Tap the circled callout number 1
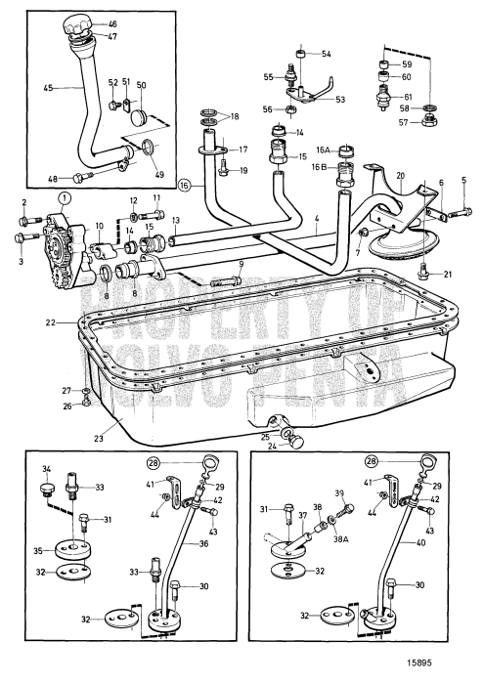[65, 199]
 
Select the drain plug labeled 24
[296, 442]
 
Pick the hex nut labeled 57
[429, 120]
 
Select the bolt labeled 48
[83, 177]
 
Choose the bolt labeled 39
[348, 509]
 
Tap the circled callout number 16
[185, 186]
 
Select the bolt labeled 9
[227, 280]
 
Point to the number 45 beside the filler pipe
[48, 88]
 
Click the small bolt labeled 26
[86, 402]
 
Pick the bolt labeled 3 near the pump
[27, 238]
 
